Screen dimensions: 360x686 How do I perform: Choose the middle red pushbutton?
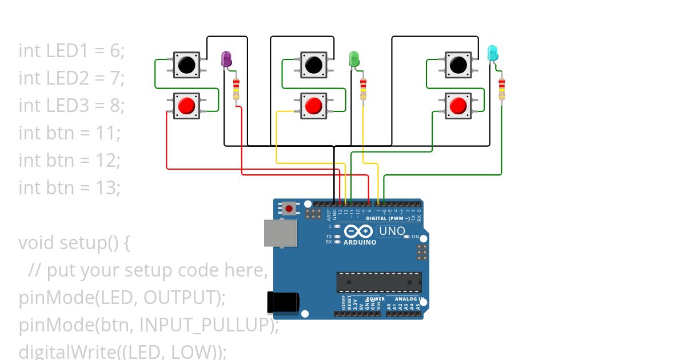click(313, 106)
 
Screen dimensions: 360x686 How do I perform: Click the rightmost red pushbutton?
click(458, 106)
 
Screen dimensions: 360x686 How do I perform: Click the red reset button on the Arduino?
click(289, 209)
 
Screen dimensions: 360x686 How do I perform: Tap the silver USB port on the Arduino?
click(280, 233)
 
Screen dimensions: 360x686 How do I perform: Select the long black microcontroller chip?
click(379, 282)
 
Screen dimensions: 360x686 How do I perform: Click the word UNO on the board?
click(392, 231)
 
